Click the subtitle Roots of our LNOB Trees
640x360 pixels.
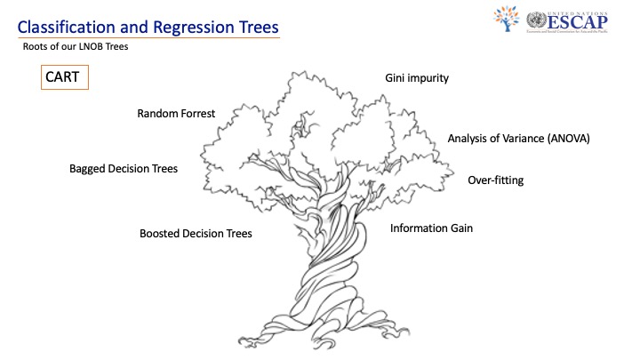76,47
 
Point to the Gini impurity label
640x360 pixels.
416,78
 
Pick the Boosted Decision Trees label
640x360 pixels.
196,234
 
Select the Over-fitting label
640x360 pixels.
495,180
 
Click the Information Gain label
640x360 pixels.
431,228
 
